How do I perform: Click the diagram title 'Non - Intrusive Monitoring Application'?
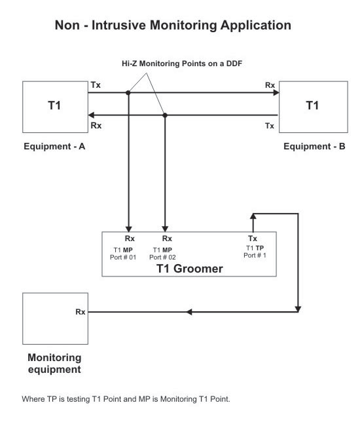(x=173, y=25)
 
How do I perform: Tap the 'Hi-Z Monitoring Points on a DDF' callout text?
(x=182, y=64)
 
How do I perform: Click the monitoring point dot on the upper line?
(x=128, y=93)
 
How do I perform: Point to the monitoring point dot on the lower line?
(x=165, y=115)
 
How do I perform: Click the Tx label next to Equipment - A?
(x=96, y=85)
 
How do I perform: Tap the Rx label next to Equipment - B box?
(x=270, y=85)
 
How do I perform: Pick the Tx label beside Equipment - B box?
(x=270, y=126)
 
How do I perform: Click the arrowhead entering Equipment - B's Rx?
(x=276, y=93)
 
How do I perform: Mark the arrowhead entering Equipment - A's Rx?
(x=92, y=115)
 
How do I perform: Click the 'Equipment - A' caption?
(x=54, y=146)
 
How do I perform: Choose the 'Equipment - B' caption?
(x=314, y=146)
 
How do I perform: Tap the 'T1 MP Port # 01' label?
(x=123, y=254)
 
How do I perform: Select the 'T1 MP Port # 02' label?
(x=162, y=254)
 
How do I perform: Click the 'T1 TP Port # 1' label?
(x=255, y=252)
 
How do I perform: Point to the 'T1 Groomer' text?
(x=190, y=269)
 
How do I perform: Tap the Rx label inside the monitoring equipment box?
(x=81, y=312)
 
